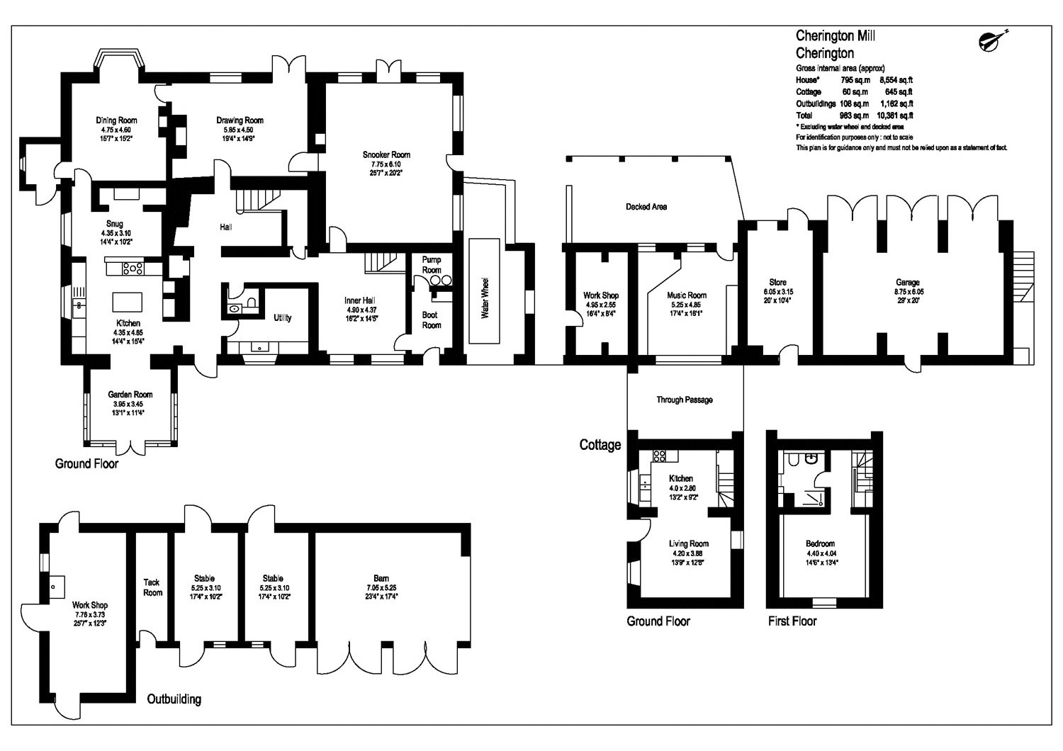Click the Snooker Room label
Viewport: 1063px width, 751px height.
tap(386, 154)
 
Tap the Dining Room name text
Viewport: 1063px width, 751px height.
tap(116, 120)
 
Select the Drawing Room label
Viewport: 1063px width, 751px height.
tap(240, 120)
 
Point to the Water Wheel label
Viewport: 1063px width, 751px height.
tap(485, 298)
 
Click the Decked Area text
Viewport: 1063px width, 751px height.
tap(646, 207)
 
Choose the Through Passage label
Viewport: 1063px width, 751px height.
tap(685, 400)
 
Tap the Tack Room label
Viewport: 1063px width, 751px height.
tap(152, 587)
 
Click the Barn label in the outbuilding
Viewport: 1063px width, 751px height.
tap(381, 578)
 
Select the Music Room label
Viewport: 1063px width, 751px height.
tap(687, 295)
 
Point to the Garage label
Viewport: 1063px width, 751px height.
tap(907, 282)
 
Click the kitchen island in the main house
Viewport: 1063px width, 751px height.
tap(127, 303)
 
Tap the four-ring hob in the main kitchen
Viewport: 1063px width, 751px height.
tap(133, 269)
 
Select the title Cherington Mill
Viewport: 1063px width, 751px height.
tap(836, 35)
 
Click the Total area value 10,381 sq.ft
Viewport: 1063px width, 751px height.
tap(894, 115)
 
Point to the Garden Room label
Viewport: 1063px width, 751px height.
tap(130, 395)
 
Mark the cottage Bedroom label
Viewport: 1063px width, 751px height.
tap(820, 543)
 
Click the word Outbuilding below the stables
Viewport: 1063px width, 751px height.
tap(174, 699)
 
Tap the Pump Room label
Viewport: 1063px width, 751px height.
tap(432, 265)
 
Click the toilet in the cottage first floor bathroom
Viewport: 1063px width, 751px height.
tap(792, 459)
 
